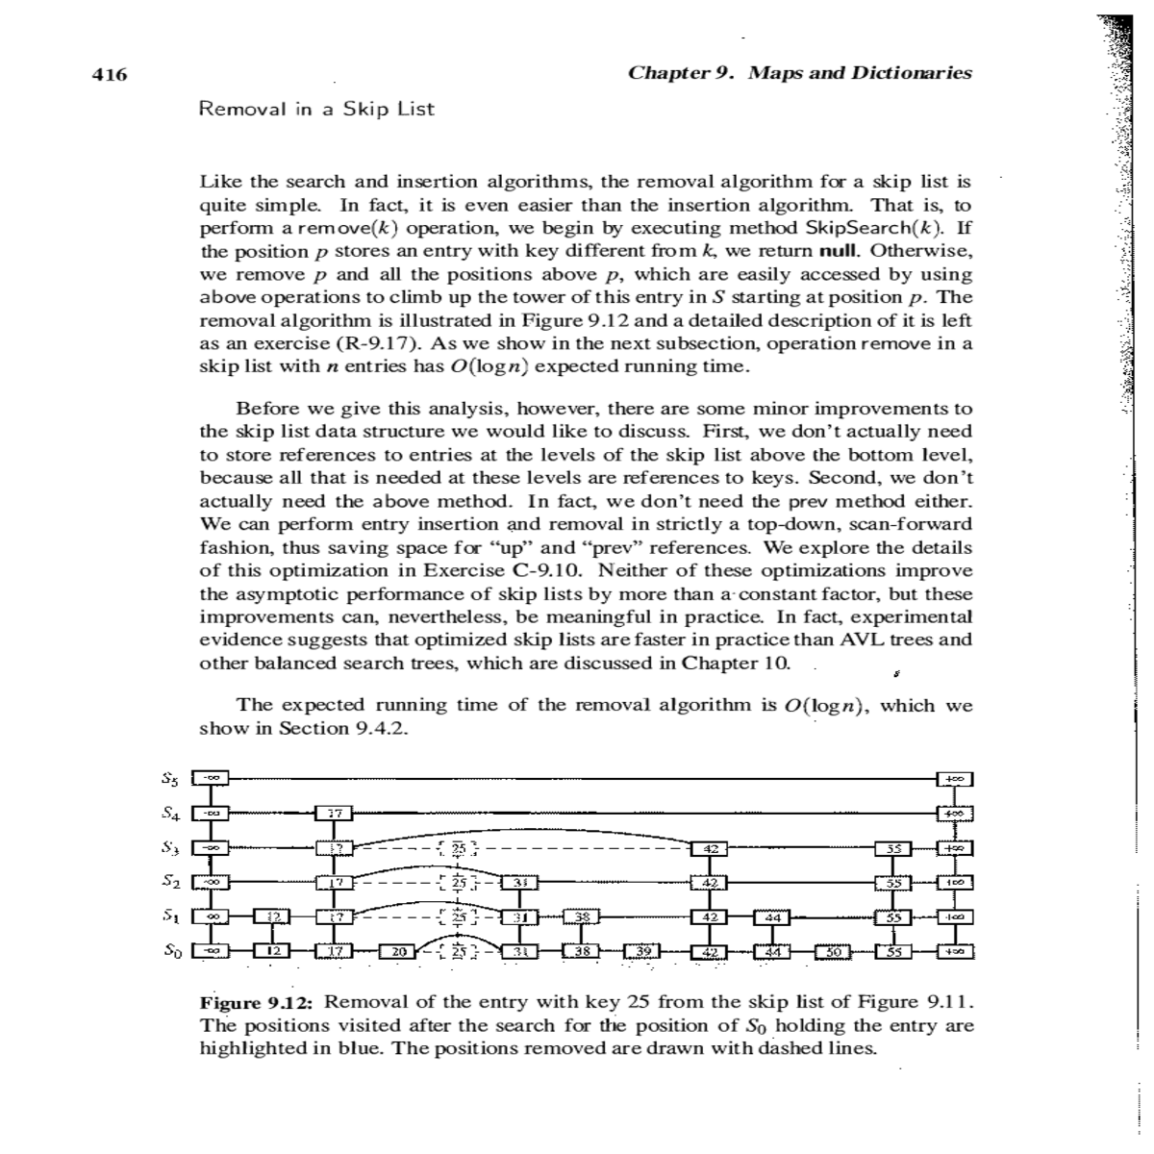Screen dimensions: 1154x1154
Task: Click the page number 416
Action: (x=110, y=74)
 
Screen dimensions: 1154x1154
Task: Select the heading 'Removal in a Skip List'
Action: (x=315, y=109)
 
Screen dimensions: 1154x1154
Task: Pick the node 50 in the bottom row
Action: (x=833, y=952)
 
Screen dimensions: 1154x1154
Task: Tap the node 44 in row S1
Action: (x=771, y=918)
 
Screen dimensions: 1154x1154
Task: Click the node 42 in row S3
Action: (x=710, y=848)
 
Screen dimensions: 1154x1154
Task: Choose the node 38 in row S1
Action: (x=581, y=918)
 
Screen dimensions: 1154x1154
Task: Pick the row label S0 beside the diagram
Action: (x=167, y=951)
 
